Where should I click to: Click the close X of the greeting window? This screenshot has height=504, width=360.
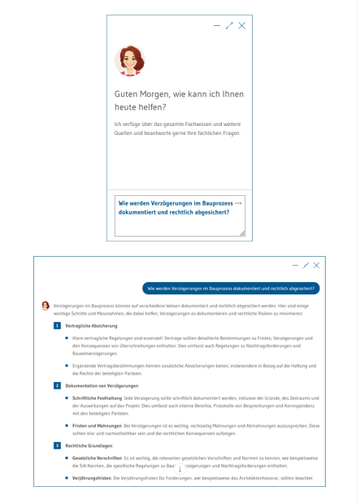tap(241, 27)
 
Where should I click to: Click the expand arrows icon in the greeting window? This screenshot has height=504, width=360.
tap(228, 27)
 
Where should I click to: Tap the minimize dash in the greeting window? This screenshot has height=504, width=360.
tap(216, 27)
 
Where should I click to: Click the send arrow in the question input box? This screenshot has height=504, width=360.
tap(237, 203)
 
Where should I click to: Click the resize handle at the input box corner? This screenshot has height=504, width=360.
tap(241, 232)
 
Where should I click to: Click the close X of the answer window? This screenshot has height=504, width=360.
tap(316, 266)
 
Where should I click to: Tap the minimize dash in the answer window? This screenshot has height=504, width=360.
tap(294, 266)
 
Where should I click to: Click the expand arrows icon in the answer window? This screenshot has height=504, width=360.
tap(305, 266)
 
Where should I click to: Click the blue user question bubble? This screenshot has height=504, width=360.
tap(231, 288)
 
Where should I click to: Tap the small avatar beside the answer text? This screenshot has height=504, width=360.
tap(46, 305)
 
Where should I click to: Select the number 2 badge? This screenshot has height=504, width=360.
tap(57, 384)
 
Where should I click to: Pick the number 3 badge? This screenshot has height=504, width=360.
tap(57, 445)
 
